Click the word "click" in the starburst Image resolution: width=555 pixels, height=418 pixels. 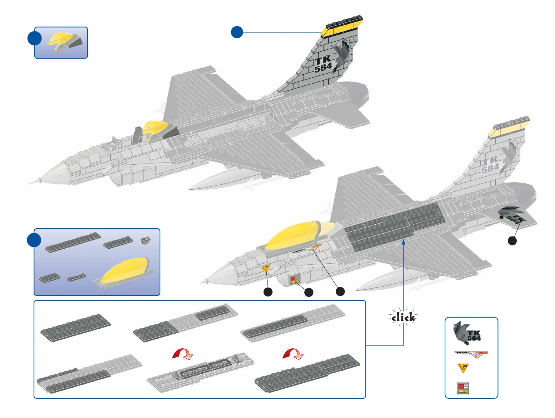click(x=403, y=317)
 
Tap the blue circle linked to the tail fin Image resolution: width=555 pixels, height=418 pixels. click(x=237, y=32)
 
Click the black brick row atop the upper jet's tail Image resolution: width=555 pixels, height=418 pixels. click(x=344, y=22)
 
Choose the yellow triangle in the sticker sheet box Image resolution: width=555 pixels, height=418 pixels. click(x=463, y=368)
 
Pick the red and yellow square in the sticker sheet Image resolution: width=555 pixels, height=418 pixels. click(x=463, y=388)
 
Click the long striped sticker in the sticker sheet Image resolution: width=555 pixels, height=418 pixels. click(x=471, y=354)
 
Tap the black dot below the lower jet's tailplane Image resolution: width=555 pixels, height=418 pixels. click(x=512, y=241)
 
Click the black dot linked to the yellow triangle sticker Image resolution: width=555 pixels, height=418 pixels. click(x=268, y=292)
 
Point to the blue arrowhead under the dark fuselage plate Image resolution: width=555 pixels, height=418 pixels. click(x=404, y=242)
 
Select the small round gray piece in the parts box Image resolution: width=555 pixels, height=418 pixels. click(x=145, y=240)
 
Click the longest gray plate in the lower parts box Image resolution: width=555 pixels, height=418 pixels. click(x=73, y=242)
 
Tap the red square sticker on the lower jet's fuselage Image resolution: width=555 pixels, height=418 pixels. click(x=293, y=278)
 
